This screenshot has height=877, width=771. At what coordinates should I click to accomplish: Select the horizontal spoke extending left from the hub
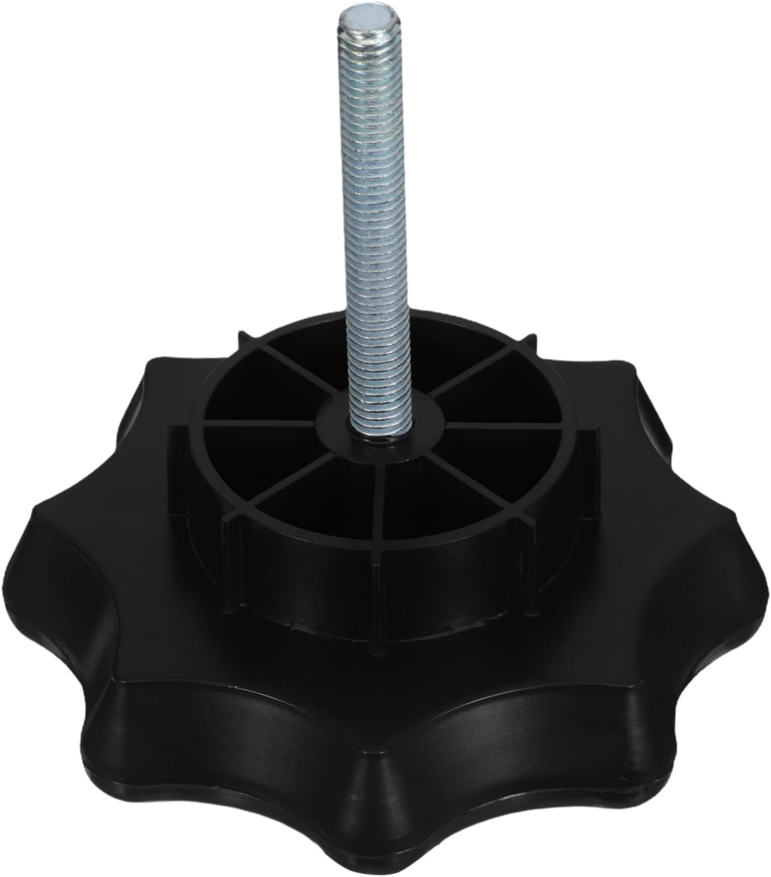click(259, 423)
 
